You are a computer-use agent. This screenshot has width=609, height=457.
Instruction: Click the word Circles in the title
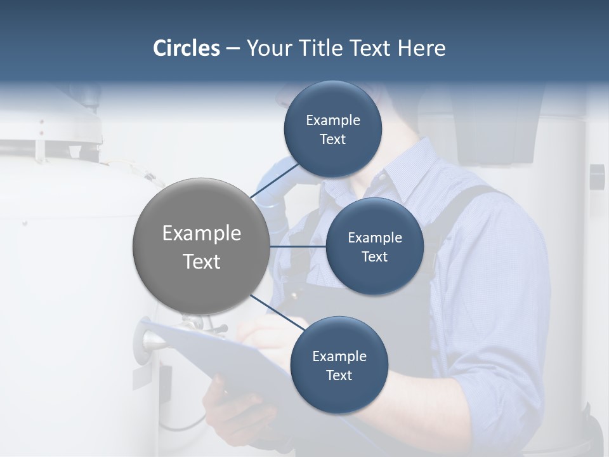[x=187, y=48]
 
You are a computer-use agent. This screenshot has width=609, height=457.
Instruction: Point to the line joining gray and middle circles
[x=298, y=246]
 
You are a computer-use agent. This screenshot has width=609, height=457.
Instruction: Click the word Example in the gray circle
[x=201, y=234]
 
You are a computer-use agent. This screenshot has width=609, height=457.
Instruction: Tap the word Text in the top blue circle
[x=332, y=140]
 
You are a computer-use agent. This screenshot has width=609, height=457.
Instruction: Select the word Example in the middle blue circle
[x=374, y=238]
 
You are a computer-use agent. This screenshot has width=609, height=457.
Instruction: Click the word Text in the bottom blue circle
[x=339, y=375]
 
